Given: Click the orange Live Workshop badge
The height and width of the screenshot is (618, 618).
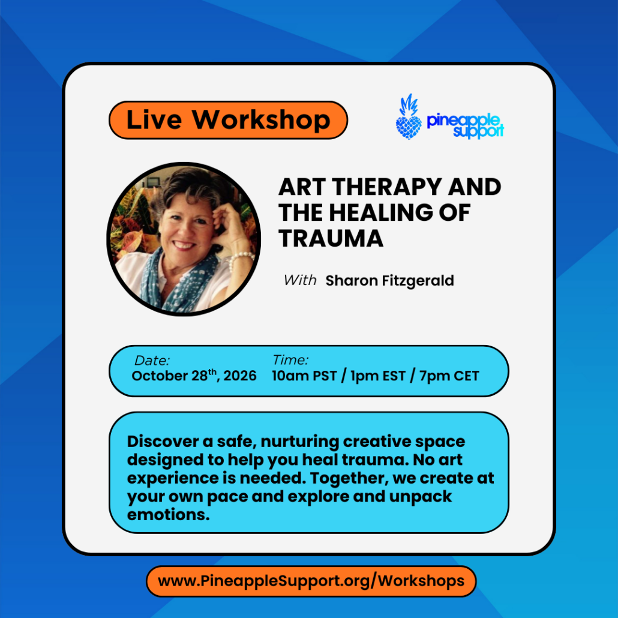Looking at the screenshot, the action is click(228, 120).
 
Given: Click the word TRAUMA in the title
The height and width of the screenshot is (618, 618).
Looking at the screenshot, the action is click(331, 238).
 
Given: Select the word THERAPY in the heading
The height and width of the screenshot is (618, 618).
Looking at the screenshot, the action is click(386, 187).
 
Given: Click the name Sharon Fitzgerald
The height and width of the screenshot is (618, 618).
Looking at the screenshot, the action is click(390, 281).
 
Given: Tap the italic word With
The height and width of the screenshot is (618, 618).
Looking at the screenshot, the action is click(300, 280).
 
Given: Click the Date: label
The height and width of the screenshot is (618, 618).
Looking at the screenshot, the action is click(152, 360).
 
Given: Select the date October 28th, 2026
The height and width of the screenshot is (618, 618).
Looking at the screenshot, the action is click(194, 375).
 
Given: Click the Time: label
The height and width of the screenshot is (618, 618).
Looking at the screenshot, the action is click(290, 360).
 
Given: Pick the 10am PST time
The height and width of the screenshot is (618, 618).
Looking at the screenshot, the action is click(305, 376).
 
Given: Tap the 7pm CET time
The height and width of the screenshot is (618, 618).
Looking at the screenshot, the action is click(449, 376).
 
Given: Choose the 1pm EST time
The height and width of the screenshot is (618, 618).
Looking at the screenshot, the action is click(377, 376).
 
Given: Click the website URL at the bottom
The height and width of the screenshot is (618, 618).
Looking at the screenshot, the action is click(311, 581).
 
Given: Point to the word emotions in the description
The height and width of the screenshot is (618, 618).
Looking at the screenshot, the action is click(168, 515).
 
